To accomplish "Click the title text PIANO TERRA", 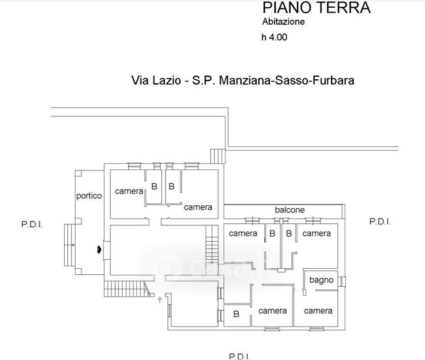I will coord(317,8).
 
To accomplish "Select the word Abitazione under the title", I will coord(284,22).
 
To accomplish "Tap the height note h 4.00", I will coord(275,37).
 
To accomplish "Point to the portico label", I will coord(89,196).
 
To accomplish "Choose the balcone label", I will coord(290,210).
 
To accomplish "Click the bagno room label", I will coord(321,280).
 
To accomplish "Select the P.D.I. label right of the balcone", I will coord(379,221).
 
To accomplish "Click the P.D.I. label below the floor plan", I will coord(239,356).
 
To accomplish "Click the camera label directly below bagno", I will coord(318,311).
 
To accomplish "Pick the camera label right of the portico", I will coord(129,191).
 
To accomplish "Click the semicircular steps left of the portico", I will coord(69,244).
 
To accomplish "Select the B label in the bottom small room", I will coord(236,314).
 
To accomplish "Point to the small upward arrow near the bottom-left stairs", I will coord(159,300).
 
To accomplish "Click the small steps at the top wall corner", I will coord(216,155).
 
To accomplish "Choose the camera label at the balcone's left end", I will coord(243,233).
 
